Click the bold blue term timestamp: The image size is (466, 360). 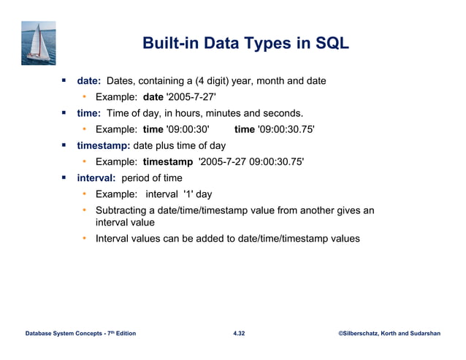click(x=104, y=145)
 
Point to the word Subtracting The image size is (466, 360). click(x=125, y=210)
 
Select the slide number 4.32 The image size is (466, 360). click(x=238, y=333)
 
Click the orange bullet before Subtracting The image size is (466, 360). click(x=84, y=210)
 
